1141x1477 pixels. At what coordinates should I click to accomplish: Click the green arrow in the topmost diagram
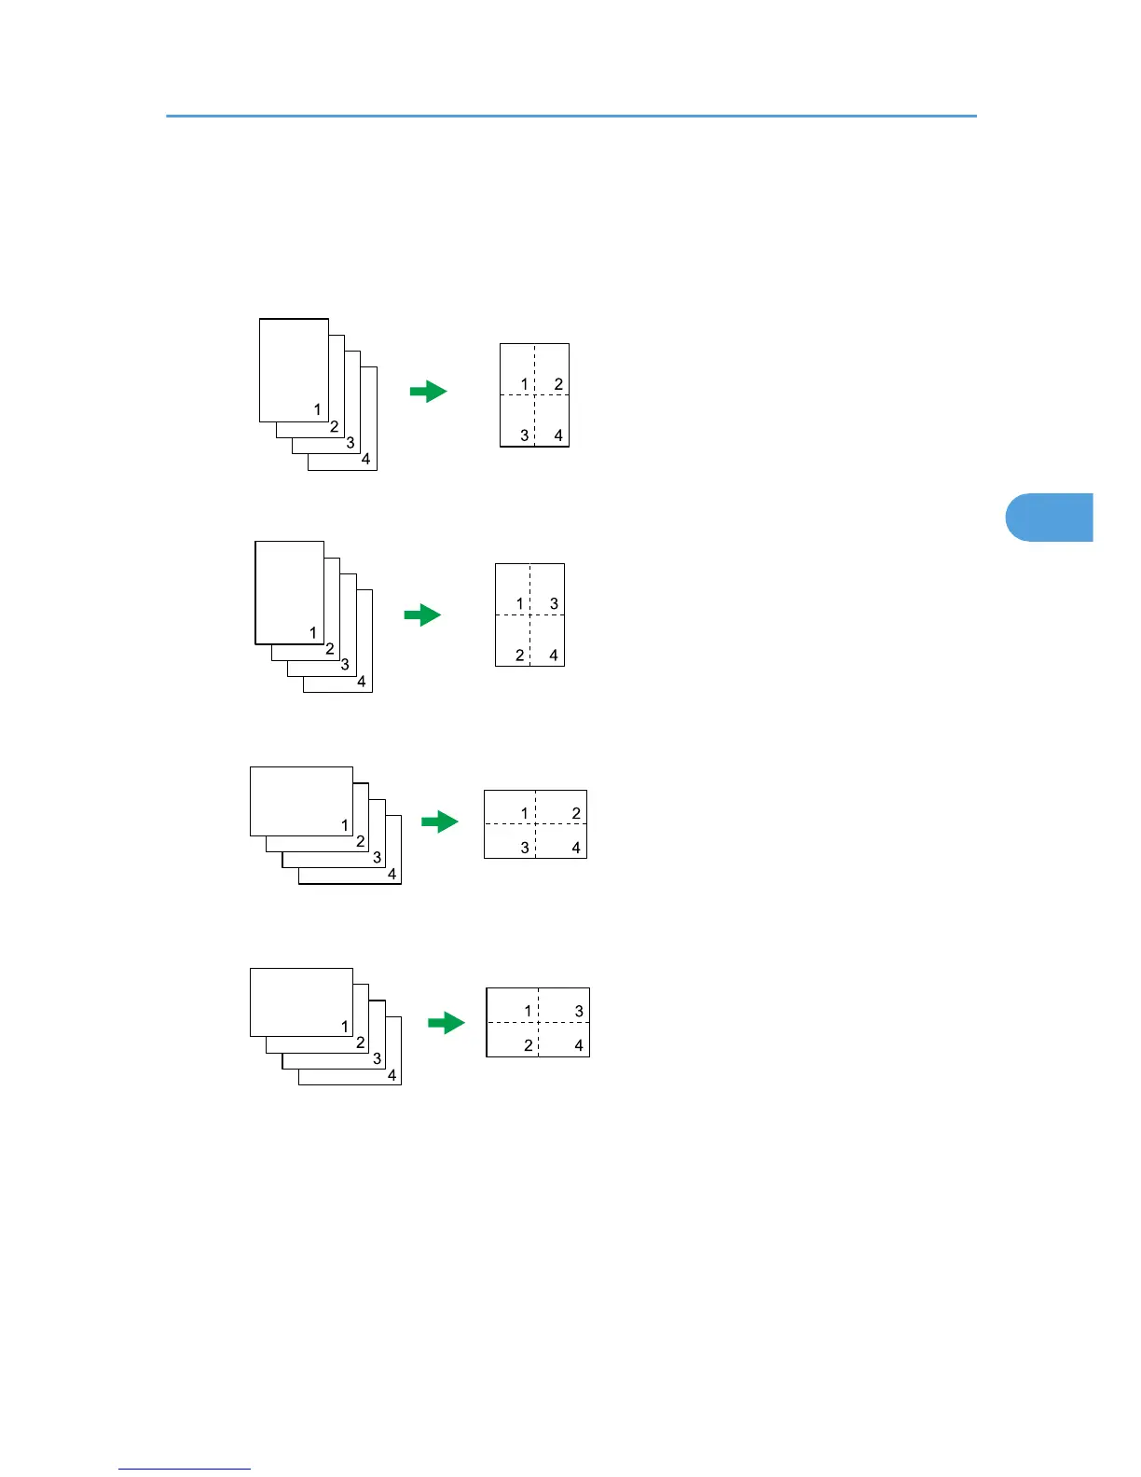click(x=429, y=392)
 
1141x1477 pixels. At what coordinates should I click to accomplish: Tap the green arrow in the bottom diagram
click(x=447, y=1023)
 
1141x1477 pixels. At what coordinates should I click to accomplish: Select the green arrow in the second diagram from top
click(x=422, y=615)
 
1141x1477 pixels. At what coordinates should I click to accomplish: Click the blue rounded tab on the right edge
click(x=1050, y=518)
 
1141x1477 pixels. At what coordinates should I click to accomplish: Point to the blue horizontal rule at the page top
click(x=570, y=117)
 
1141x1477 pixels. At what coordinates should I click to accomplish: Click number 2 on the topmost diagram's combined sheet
click(x=558, y=384)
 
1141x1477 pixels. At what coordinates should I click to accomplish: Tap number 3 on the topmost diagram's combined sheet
click(x=525, y=435)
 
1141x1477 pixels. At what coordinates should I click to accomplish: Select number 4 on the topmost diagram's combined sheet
click(x=558, y=435)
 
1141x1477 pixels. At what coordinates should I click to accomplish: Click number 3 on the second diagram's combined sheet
click(x=554, y=604)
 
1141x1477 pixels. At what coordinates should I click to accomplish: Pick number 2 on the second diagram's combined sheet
click(x=520, y=656)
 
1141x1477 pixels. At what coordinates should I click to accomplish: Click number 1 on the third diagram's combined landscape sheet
click(x=525, y=813)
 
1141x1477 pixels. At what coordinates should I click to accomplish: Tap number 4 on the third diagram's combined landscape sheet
click(x=576, y=848)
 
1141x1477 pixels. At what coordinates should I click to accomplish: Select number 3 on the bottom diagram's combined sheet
click(x=579, y=1011)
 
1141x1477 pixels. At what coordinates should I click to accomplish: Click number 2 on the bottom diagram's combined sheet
click(x=528, y=1045)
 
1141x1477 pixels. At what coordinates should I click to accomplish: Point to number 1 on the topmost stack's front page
click(x=318, y=409)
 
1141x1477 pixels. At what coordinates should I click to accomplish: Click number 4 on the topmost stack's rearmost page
click(x=366, y=459)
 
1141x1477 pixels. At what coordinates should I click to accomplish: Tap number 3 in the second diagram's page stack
click(x=345, y=665)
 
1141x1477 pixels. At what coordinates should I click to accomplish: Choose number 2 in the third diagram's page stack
click(x=361, y=841)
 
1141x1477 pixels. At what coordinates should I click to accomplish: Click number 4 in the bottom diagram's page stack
click(x=392, y=1075)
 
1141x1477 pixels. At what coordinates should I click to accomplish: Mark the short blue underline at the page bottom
click(x=185, y=1469)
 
